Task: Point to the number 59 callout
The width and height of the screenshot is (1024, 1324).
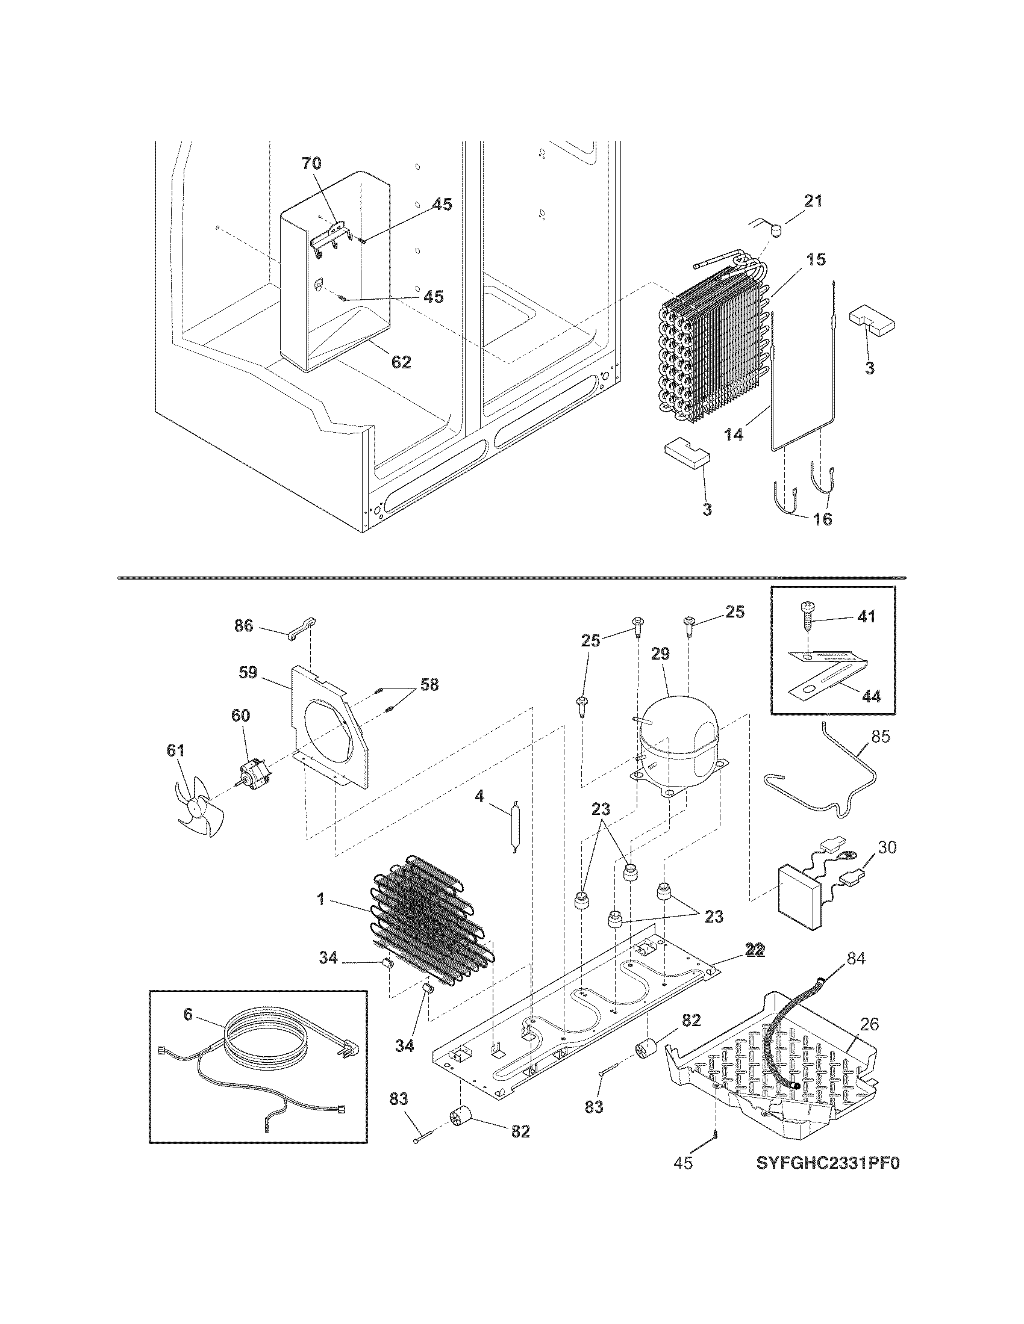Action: (248, 673)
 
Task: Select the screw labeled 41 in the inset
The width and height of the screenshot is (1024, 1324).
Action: (807, 631)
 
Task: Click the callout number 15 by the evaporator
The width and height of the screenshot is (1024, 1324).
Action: (817, 259)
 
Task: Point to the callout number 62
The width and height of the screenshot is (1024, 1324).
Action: (401, 362)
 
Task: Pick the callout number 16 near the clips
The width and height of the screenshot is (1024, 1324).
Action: (823, 519)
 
